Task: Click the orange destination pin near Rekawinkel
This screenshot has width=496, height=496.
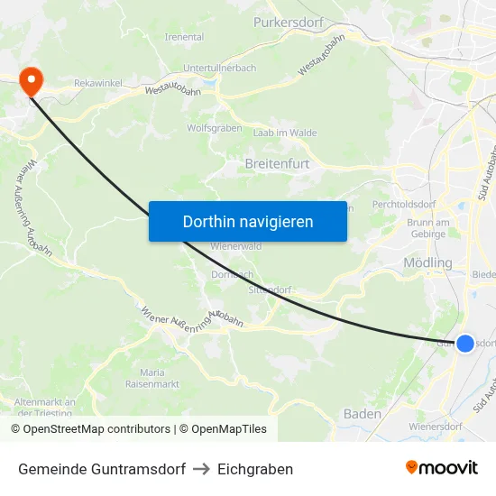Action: [31, 81]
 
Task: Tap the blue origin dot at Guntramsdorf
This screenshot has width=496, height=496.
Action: [465, 344]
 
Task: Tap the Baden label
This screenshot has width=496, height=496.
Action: [363, 413]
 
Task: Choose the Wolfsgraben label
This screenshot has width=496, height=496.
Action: [214, 128]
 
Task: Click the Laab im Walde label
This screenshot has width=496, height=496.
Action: [285, 133]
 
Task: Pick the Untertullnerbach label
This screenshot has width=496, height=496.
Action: [219, 68]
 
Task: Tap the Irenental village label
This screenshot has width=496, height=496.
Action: [184, 37]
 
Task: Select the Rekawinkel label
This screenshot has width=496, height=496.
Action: [97, 83]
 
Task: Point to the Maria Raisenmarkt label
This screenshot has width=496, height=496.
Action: [152, 378]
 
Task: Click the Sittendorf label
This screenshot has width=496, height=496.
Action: [270, 290]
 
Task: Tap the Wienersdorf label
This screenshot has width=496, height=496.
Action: [436, 426]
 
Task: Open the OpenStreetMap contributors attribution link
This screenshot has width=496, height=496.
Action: [96, 429]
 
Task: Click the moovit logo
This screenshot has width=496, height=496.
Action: [442, 468]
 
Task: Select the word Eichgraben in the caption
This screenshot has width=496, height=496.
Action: [255, 469]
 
